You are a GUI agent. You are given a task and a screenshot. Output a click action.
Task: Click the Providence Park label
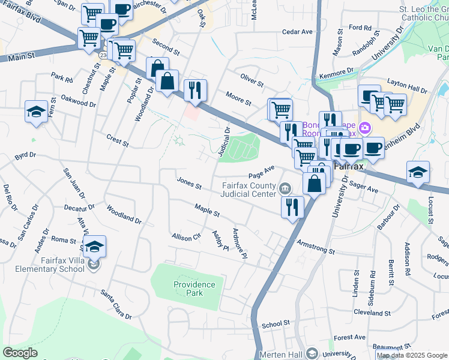[x=194, y=289]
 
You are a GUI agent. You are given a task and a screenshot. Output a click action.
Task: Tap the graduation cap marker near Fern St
[x=36, y=112]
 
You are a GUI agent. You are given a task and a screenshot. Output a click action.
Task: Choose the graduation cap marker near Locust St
[x=418, y=172]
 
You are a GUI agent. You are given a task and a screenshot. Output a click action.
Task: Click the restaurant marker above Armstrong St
[x=292, y=207]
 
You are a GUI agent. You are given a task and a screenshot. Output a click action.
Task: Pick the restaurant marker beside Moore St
[x=195, y=90]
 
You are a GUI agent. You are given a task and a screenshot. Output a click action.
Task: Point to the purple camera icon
[x=364, y=128]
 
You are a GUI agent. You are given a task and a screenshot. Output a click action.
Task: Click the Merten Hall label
[x=281, y=355]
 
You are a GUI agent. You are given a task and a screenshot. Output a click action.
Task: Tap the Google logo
[x=20, y=353]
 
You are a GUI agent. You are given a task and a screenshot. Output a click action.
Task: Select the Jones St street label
[x=189, y=182]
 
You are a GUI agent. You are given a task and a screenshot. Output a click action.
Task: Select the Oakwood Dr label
[x=79, y=100]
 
